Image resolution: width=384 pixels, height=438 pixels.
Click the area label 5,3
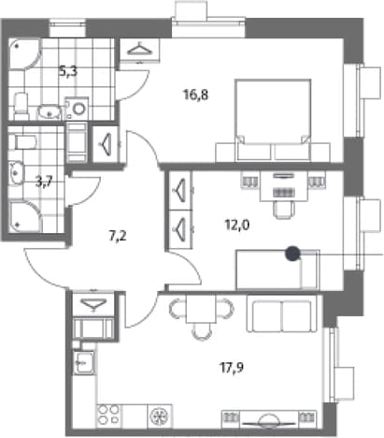pos(68,72)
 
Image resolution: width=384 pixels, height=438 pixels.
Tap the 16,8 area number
pos(195,95)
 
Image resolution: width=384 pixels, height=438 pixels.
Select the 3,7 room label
pos(44,182)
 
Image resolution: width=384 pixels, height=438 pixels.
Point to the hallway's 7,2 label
pos(118,236)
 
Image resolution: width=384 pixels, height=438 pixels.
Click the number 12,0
pos(237,225)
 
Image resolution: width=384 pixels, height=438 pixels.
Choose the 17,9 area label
pos(232,368)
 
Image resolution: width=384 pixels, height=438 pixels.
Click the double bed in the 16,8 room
pos(273,120)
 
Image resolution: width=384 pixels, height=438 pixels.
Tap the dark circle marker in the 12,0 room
pos(292,253)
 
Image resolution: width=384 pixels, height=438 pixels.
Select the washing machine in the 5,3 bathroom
pos(77,109)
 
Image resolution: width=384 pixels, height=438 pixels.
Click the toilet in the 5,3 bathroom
pos(21,106)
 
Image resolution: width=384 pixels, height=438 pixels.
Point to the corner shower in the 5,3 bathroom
pos(24,53)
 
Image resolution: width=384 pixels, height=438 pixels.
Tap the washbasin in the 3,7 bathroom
pos(16,173)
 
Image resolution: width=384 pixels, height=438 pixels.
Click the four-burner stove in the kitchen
pos(108,416)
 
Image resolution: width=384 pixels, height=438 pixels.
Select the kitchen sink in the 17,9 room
pos(84,361)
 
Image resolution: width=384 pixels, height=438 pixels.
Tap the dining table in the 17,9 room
pos(201,309)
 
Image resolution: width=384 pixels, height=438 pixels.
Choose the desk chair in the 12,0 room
pos(283,209)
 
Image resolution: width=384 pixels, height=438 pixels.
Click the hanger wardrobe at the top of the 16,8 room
pos(140,50)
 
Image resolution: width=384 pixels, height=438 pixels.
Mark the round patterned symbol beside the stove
pos(160,416)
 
